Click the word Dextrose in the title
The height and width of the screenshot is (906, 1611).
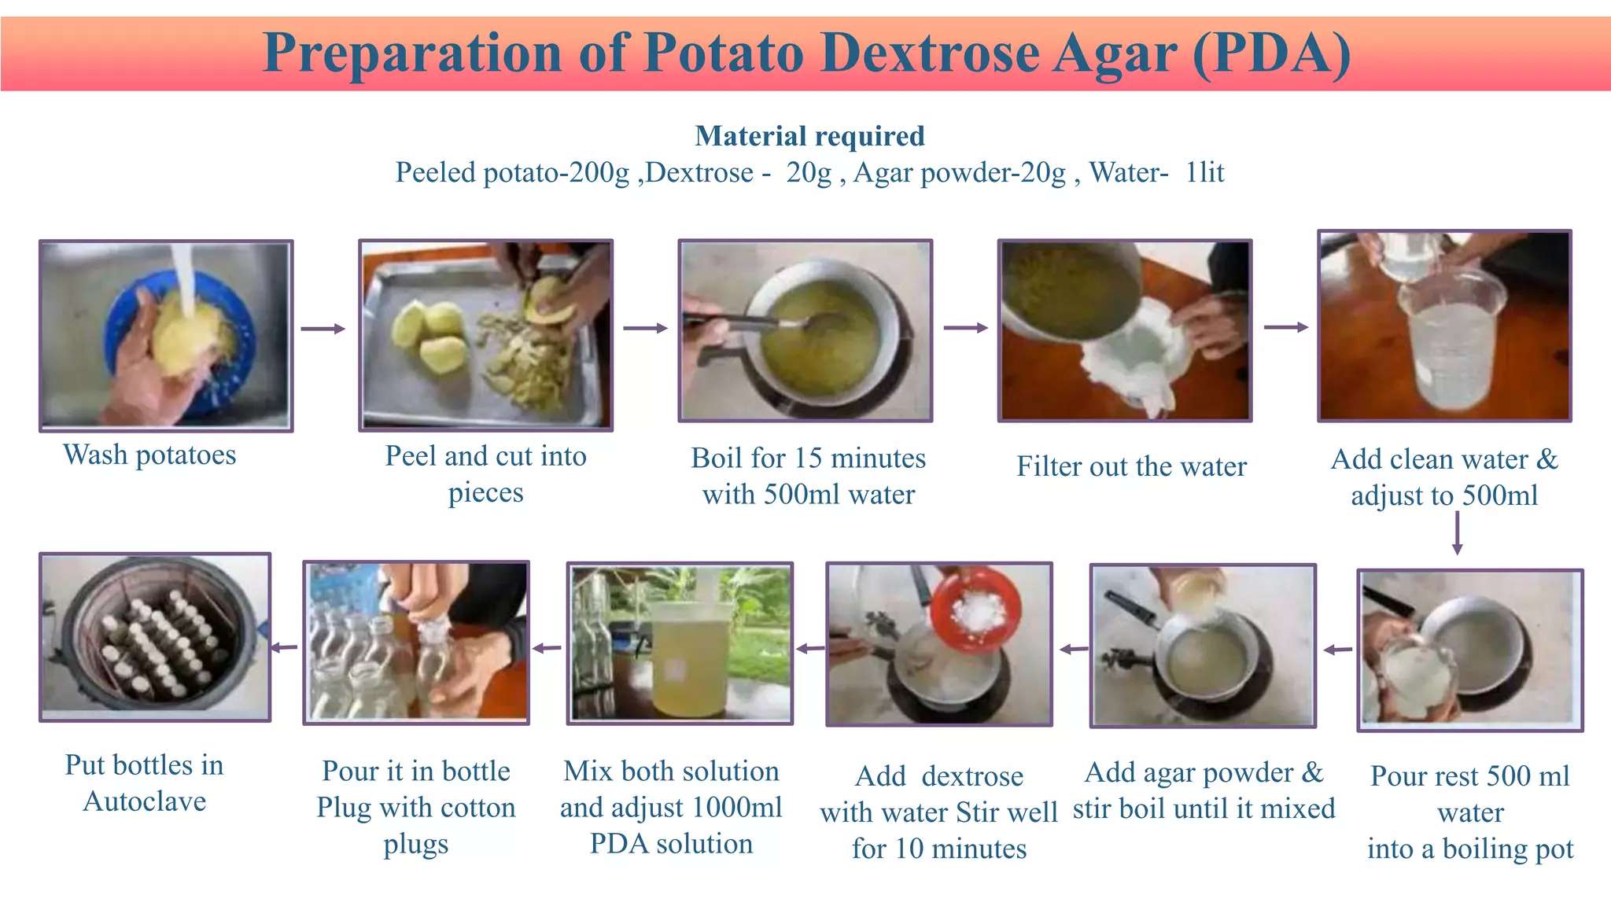[x=931, y=53]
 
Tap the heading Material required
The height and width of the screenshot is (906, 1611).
[x=809, y=136]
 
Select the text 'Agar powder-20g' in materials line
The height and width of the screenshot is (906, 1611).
[x=960, y=172]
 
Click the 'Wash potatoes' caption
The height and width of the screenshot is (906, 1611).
[x=149, y=455]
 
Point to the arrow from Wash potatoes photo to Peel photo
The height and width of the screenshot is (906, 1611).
[x=323, y=329]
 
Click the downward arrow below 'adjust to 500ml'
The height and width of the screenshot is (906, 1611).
[x=1457, y=533]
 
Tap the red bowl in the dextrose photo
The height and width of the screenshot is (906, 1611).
[x=975, y=609]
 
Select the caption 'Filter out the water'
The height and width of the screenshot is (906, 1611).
[x=1131, y=466]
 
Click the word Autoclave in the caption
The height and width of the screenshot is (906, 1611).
[x=145, y=801]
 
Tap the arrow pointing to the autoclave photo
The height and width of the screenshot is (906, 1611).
[x=285, y=648]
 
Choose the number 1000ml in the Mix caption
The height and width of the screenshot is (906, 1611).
[x=737, y=808]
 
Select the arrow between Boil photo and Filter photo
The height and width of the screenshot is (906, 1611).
[x=965, y=328]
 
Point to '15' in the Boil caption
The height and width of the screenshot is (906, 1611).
[x=808, y=458]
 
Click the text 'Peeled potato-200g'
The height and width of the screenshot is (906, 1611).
[x=512, y=172]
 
